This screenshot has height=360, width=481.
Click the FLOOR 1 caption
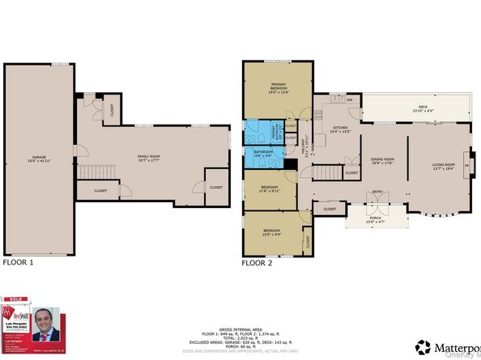pos(19,263)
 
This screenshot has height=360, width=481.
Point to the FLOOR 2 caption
pos(258,263)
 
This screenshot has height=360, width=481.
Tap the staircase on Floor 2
pos(326,172)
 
